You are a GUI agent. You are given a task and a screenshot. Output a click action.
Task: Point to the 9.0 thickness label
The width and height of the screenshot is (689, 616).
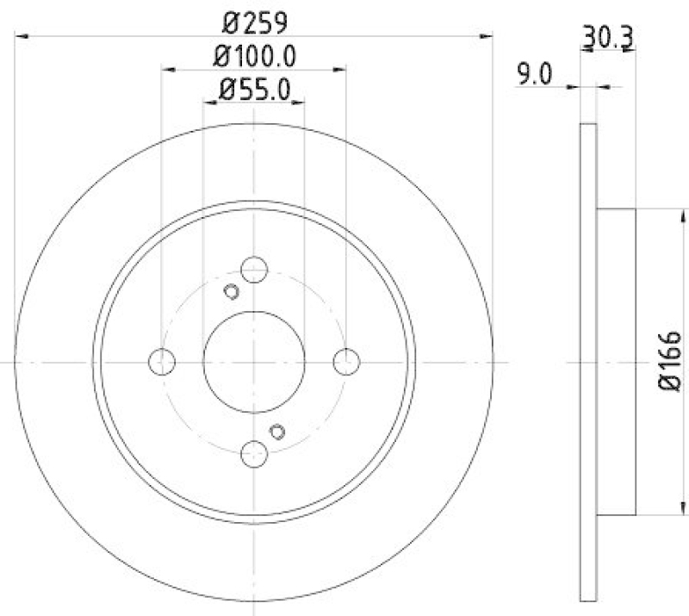click(x=534, y=76)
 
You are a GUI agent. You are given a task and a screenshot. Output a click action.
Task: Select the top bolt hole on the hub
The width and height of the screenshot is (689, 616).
click(x=253, y=270)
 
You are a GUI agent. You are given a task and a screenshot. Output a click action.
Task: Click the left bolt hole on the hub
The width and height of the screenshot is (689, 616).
click(x=162, y=362)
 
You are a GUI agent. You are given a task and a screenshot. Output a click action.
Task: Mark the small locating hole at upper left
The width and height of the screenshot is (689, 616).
click(x=230, y=291)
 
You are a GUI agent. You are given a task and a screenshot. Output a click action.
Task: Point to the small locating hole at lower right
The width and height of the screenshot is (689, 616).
click(x=277, y=432)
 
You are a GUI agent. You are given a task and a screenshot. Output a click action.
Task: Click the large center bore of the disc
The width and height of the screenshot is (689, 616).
click(x=253, y=362)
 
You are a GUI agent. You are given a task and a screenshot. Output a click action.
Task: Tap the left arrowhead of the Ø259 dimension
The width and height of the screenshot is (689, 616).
click(x=21, y=35)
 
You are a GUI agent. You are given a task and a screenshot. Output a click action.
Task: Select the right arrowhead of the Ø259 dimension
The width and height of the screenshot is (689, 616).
click(x=488, y=35)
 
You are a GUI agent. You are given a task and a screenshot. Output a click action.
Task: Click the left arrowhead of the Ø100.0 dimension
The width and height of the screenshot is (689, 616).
click(x=166, y=69)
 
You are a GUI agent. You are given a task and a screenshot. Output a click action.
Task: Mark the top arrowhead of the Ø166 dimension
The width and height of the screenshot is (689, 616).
click(x=685, y=214)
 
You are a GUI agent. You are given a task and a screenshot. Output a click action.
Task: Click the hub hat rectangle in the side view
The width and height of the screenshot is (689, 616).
click(x=616, y=361)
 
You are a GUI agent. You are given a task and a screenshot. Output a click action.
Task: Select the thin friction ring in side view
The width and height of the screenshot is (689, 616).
click(x=588, y=361)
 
